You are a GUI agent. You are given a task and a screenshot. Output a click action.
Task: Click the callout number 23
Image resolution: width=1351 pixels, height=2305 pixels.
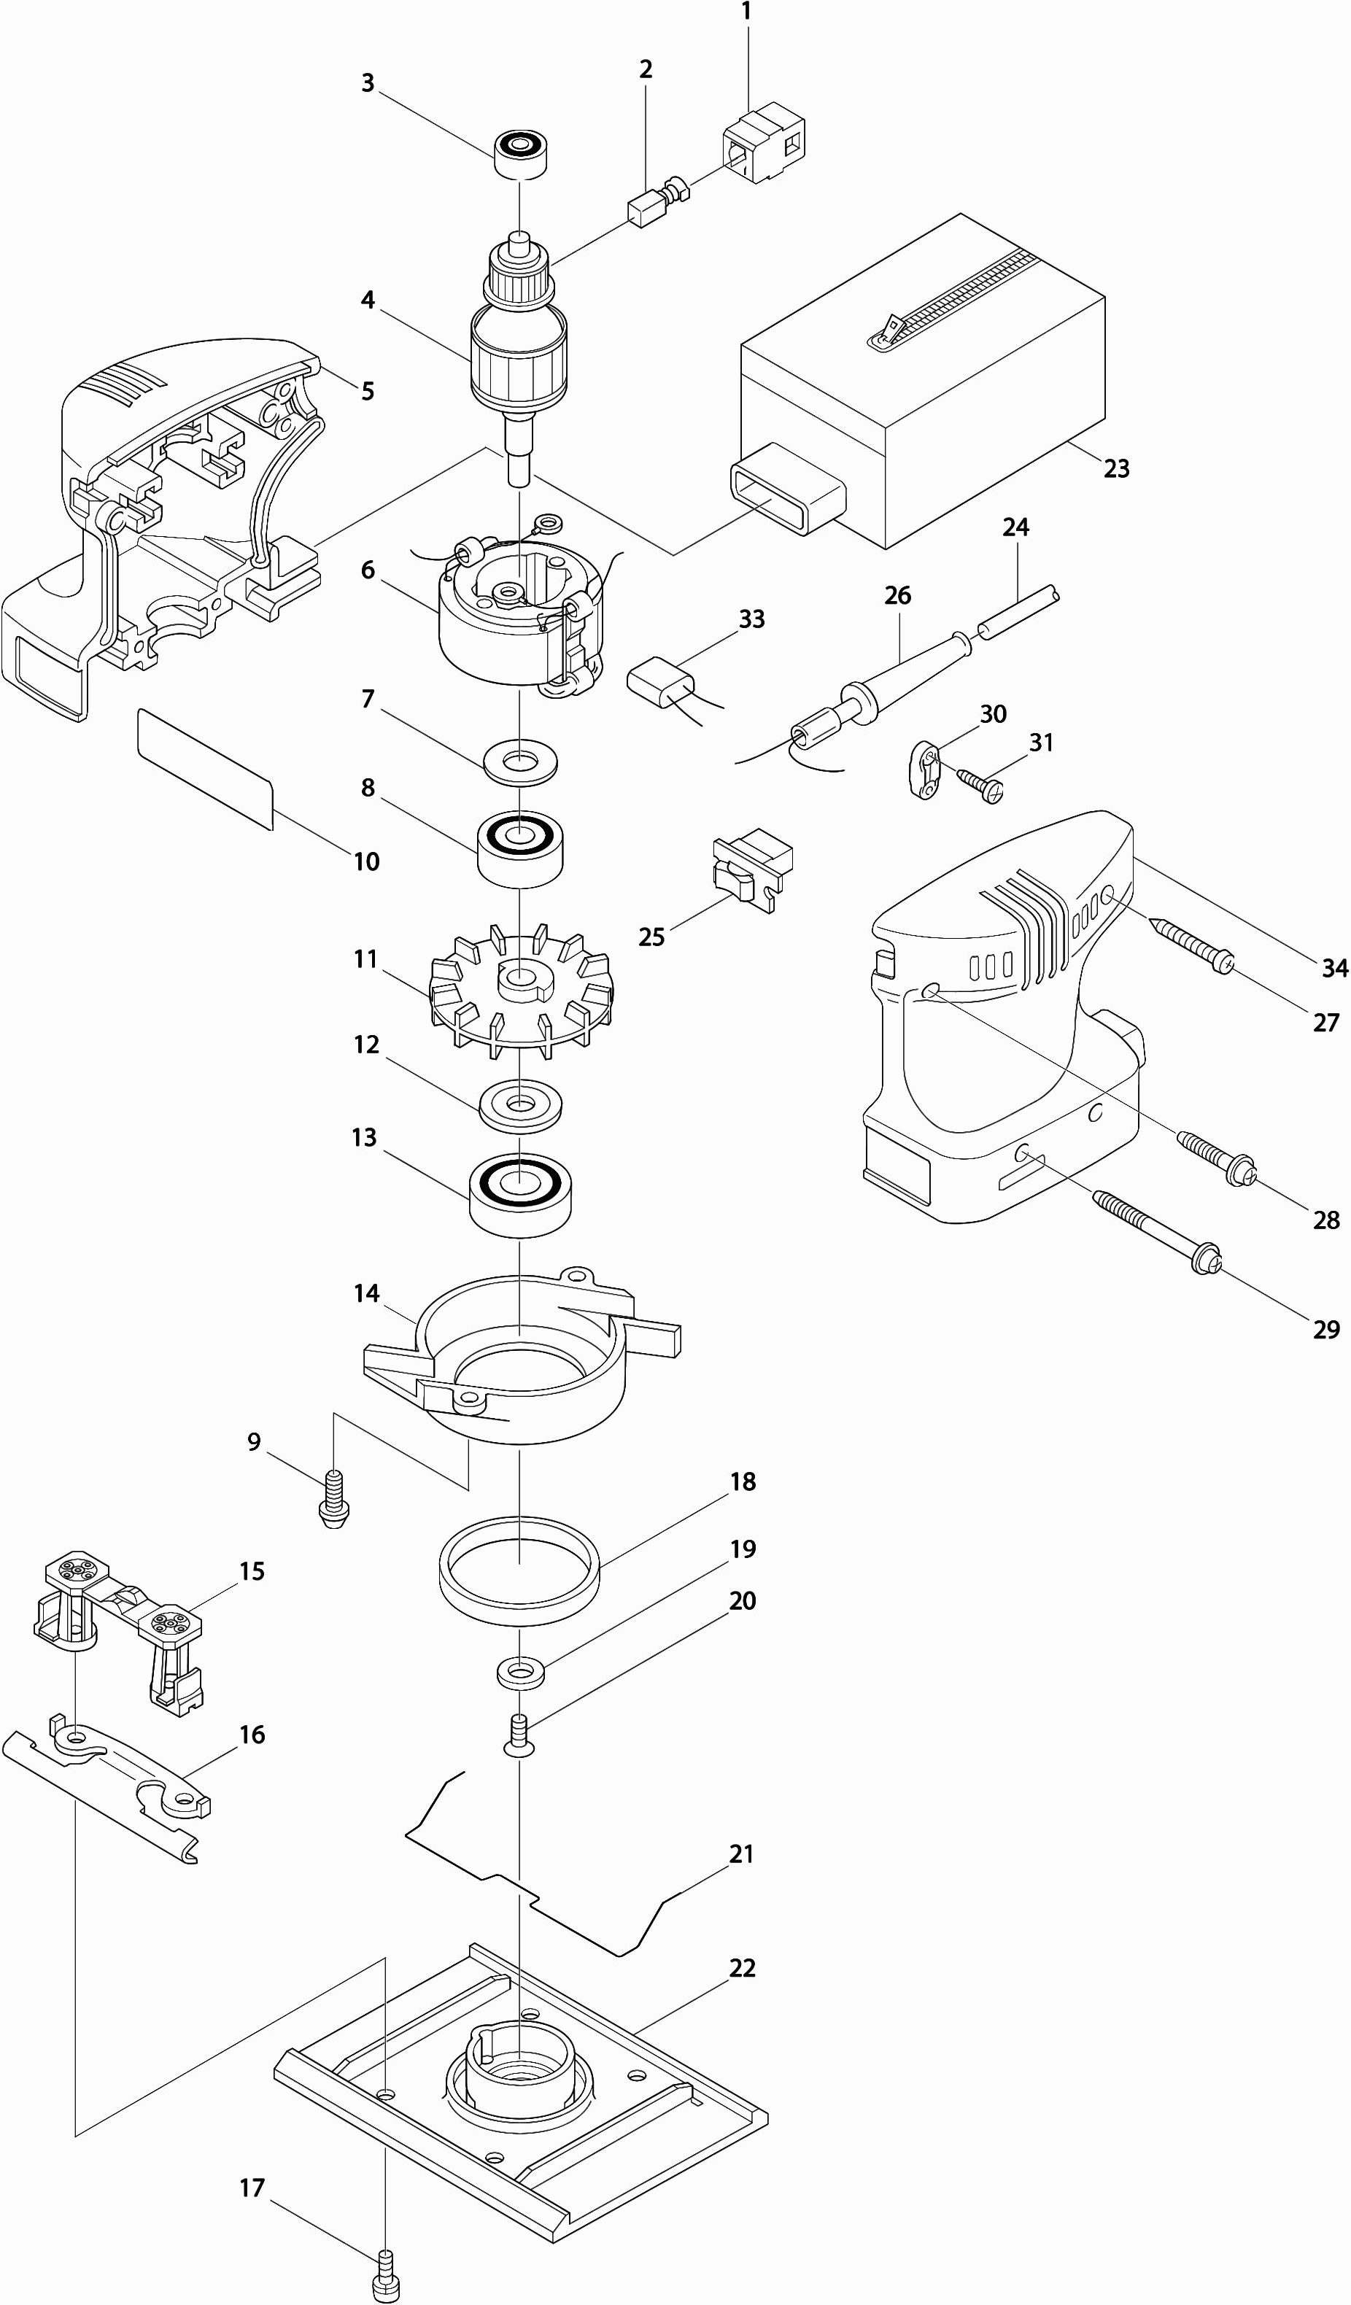point(1116,468)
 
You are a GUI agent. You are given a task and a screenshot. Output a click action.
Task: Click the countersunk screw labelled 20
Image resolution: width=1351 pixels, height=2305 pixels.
point(519,1735)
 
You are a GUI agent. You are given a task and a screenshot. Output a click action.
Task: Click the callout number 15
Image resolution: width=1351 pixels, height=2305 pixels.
point(252,1571)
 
